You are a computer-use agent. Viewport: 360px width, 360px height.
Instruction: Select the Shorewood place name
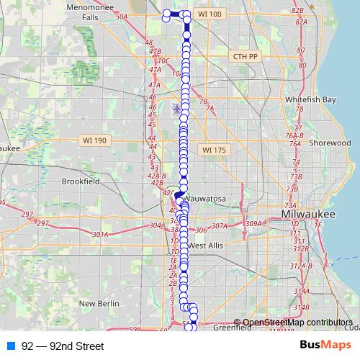329,143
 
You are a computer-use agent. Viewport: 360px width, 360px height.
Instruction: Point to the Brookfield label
81,181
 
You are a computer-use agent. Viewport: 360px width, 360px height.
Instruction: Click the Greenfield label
233,327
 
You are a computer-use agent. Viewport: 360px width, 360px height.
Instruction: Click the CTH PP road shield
246,55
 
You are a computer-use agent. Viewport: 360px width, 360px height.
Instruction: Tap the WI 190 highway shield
94,140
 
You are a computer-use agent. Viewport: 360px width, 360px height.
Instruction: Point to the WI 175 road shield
214,150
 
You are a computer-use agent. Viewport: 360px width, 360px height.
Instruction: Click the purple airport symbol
177,109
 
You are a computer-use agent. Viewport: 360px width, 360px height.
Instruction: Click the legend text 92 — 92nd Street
63,346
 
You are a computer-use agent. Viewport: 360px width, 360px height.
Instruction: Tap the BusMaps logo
325,346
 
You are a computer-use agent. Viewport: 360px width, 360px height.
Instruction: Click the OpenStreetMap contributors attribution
297,322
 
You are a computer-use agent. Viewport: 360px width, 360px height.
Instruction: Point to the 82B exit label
297,10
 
